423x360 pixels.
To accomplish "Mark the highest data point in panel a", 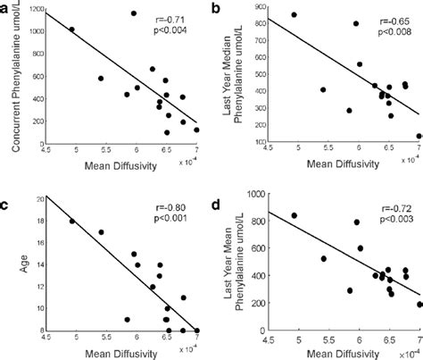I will pos(134,13).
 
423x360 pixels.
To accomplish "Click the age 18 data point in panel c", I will pos(72,222).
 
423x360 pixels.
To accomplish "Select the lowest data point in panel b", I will pos(419,137).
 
